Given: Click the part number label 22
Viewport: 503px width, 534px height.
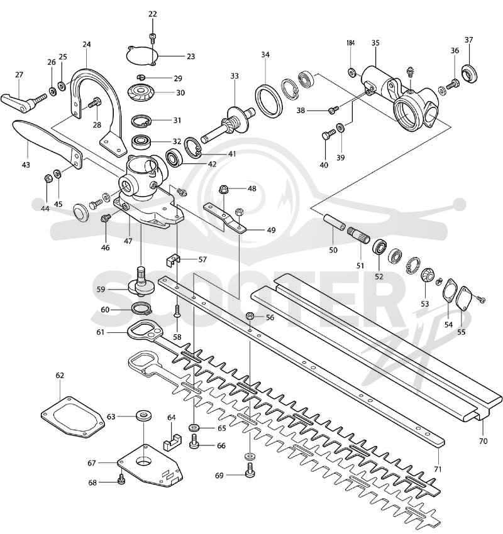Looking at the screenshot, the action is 153,14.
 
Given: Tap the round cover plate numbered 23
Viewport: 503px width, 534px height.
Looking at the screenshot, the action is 141,55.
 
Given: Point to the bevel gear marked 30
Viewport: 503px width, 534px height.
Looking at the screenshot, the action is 141,92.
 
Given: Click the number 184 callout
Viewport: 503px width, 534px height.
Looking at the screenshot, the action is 350,43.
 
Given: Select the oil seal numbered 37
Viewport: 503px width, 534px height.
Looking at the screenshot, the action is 470,74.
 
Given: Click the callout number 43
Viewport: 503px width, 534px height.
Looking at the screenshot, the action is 26,165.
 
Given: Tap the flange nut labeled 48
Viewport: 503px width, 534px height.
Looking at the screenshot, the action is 224,188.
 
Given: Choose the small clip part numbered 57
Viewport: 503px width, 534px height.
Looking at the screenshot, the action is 172,261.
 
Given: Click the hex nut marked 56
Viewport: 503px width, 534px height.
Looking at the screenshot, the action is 250,317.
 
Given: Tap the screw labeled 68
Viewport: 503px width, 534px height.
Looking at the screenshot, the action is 121,480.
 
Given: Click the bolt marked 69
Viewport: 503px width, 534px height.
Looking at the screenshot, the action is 250,471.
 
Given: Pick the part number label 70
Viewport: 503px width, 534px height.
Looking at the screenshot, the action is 484,442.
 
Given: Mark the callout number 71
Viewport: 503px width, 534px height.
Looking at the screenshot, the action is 438,469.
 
